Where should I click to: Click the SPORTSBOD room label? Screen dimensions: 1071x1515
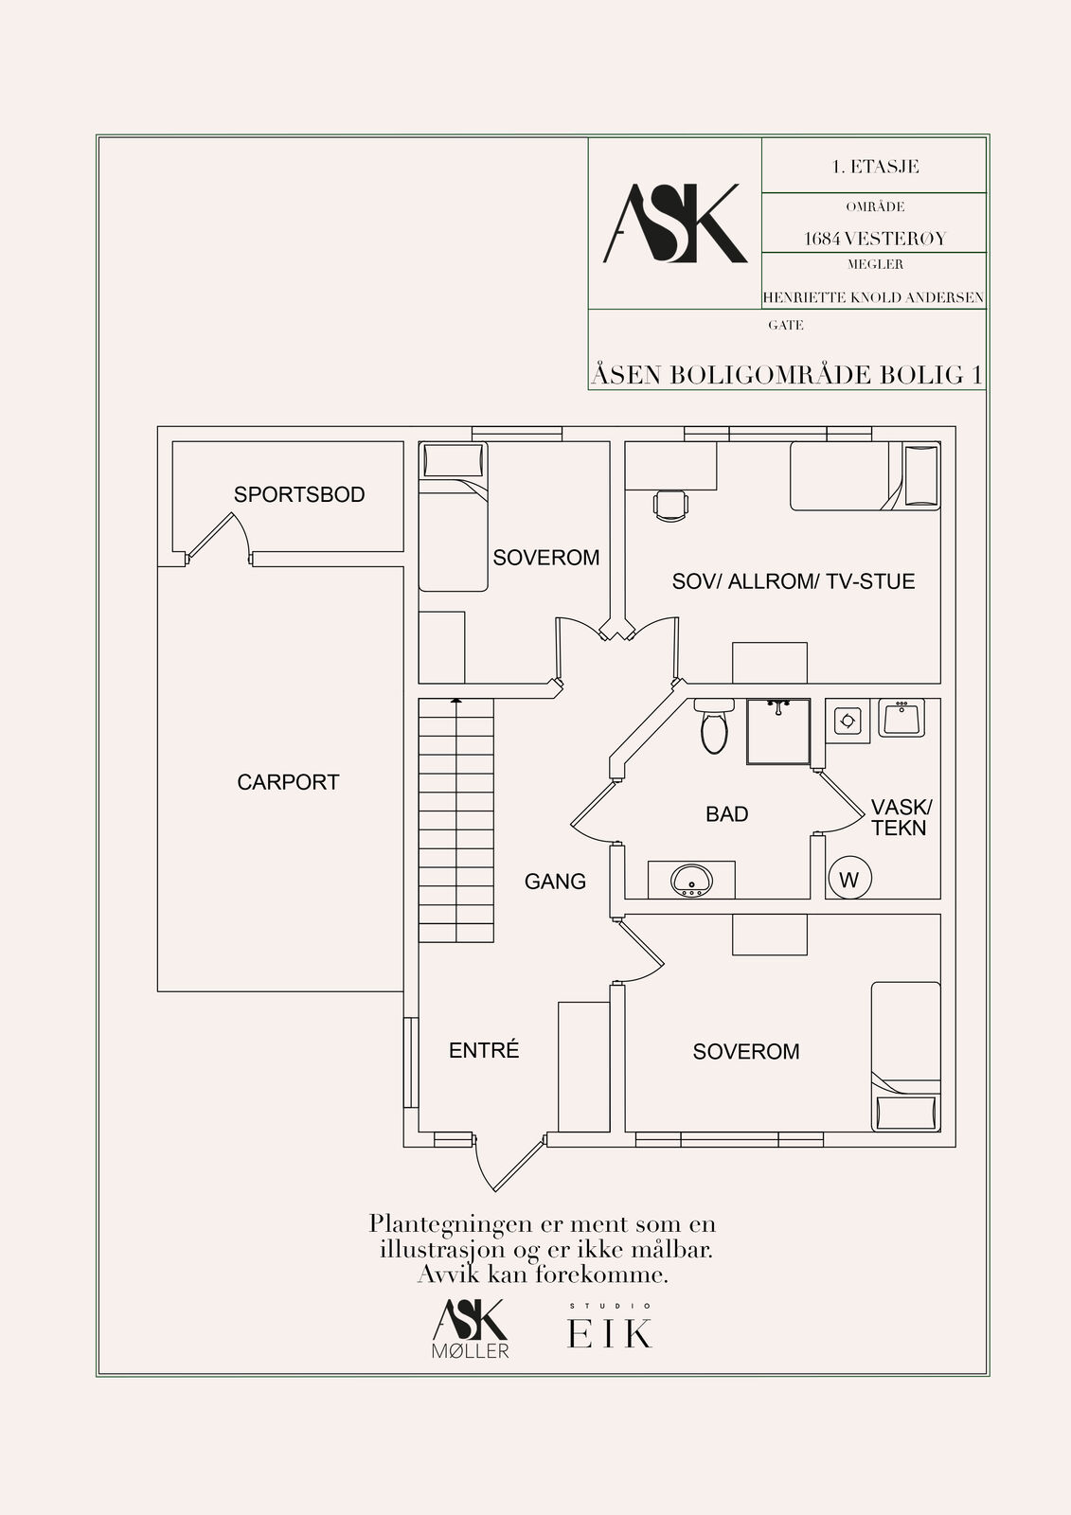299,494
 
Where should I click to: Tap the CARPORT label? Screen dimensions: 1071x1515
288,782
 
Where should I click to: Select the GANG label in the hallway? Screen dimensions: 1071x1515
555,882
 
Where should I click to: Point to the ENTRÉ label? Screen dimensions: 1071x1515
484,1050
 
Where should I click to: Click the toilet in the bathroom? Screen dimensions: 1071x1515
714,726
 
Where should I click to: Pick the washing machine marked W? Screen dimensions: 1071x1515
849,878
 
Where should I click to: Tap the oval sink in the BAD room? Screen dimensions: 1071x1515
691,880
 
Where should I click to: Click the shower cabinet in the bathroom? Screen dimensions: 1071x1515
778,731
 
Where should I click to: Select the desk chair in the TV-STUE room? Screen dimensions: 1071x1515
670,505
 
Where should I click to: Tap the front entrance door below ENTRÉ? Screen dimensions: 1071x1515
510,1162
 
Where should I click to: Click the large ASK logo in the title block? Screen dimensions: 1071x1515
674,223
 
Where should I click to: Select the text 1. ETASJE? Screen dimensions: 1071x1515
875,167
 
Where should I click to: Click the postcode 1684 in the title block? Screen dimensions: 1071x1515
822,238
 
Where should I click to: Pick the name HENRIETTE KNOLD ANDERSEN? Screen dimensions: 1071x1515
873,297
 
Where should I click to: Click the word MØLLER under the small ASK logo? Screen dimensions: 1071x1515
471,1351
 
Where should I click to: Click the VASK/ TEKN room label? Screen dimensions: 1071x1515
901,817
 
